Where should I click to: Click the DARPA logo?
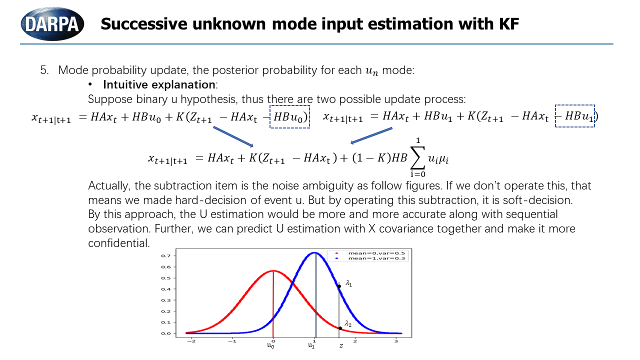(x=52, y=23)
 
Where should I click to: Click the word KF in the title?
(x=506, y=23)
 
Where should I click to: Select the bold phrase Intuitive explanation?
(x=159, y=84)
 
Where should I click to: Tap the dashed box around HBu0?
(x=290, y=116)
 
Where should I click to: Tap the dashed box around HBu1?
(x=574, y=116)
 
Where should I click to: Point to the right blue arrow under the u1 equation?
(x=371, y=135)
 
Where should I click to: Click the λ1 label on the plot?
(x=349, y=284)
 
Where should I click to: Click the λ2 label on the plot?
(x=348, y=323)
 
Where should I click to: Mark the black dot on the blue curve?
(x=339, y=286)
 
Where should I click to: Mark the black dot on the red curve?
(x=340, y=328)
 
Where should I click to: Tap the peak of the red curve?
(x=273, y=271)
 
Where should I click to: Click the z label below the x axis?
(x=341, y=345)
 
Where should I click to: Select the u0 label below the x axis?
(x=270, y=345)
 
